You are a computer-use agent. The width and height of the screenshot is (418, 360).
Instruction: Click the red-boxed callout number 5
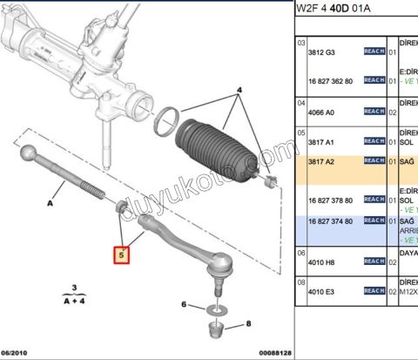point(123,255)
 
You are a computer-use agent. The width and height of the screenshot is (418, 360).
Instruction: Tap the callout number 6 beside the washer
point(183,305)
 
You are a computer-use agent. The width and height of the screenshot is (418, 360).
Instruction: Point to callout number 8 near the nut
point(248,323)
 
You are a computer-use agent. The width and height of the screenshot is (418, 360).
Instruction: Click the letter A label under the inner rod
point(51,201)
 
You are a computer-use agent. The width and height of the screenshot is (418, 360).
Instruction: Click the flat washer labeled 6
point(214,309)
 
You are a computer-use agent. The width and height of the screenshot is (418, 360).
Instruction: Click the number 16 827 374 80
point(332,221)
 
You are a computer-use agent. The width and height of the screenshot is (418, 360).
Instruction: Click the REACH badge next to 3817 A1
point(374,141)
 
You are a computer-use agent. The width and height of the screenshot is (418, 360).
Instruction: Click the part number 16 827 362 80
point(332,80)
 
